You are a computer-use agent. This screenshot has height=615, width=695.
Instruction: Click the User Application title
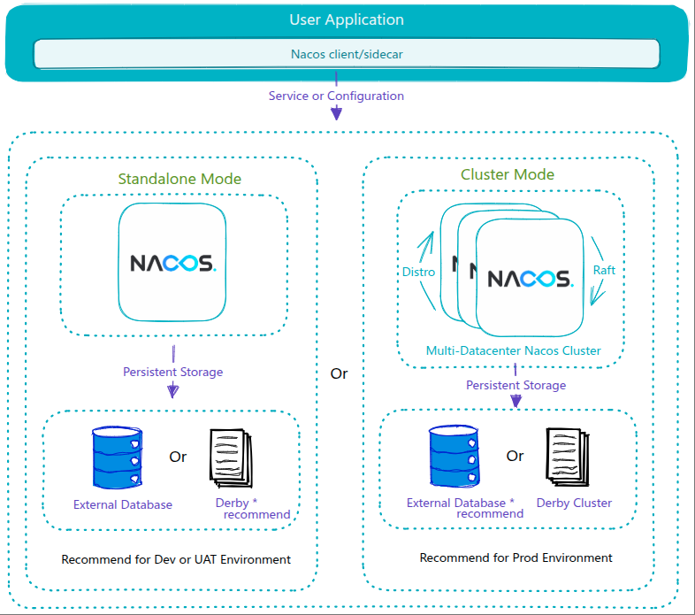pos(347,19)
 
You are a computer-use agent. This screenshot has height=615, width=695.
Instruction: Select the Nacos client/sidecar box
pos(347,54)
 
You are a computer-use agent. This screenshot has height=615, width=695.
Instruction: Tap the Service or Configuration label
pos(336,96)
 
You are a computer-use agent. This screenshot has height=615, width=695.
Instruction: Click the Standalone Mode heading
pos(179,179)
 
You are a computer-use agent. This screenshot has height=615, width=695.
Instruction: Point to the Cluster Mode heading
pos(508,174)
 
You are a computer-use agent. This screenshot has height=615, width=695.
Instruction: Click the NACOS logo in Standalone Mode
pos(173,263)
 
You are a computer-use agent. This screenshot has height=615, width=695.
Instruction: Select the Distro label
pos(418,272)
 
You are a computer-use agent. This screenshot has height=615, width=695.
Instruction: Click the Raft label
pos(604,270)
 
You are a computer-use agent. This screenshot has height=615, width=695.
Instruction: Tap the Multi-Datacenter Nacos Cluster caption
pos(513,350)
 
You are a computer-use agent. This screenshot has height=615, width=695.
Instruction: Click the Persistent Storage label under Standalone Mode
pos(173,372)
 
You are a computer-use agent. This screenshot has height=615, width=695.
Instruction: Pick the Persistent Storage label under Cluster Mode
pos(516,385)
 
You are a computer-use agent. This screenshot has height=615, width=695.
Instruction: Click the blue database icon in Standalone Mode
pos(116,457)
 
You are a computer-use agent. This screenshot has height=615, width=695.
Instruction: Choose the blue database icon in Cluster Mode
pos(454,456)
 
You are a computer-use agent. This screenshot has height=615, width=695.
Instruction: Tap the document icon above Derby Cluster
pos(568,455)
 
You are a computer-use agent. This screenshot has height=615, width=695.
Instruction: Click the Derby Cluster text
pos(574,503)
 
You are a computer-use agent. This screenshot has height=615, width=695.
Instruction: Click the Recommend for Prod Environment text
pos(516,557)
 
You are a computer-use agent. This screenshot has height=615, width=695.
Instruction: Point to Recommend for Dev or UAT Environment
pos(176,559)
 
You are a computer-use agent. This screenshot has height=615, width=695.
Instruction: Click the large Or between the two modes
pos(340,373)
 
